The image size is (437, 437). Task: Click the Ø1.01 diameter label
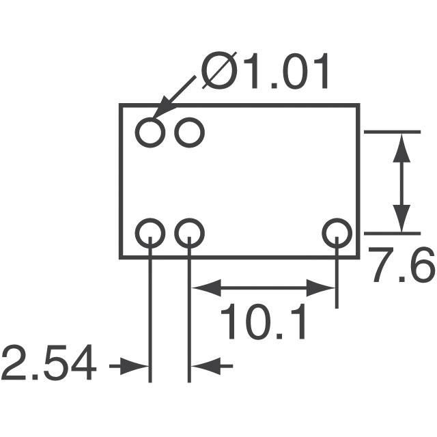(x=265, y=71)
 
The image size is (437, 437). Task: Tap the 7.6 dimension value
(x=401, y=266)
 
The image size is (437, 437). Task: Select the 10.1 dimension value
(x=263, y=321)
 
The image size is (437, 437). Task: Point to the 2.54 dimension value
(x=49, y=363)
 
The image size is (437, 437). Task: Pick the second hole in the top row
(x=190, y=118)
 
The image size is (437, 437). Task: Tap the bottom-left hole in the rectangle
(x=150, y=218)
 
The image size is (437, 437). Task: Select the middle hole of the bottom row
(x=190, y=218)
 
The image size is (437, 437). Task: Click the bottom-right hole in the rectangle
(x=337, y=218)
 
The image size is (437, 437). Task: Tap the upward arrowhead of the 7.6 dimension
(x=401, y=147)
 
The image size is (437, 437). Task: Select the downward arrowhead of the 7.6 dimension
(x=401, y=218)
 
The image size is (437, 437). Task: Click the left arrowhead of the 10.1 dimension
(x=206, y=287)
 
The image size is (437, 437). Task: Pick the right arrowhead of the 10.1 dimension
(x=320, y=287)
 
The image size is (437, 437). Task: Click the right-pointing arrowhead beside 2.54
(x=135, y=366)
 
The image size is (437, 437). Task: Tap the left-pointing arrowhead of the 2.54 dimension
(x=206, y=366)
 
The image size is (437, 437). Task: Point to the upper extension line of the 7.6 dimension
(x=392, y=132)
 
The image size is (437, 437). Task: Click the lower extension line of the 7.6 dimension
(x=392, y=234)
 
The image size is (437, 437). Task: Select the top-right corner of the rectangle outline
(x=358, y=105)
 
